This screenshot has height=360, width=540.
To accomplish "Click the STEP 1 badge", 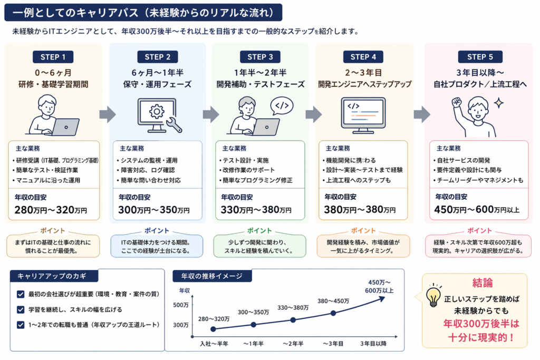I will [x=53, y=57].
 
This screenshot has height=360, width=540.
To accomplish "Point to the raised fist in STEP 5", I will [x=457, y=103].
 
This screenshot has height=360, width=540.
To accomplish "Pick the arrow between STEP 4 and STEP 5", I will [x=422, y=113].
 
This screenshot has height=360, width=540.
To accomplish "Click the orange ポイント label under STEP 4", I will [x=363, y=231].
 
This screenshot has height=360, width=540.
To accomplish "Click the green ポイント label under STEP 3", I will [x=259, y=231].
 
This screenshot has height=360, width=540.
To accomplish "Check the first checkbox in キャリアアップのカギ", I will [x=21, y=294].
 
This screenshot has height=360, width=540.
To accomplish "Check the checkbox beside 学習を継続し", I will [x=21, y=309].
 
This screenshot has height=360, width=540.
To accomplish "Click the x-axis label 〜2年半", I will [x=293, y=344].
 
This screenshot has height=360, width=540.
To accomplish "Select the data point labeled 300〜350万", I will [x=254, y=324].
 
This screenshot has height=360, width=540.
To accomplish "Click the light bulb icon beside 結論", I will [x=433, y=296].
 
